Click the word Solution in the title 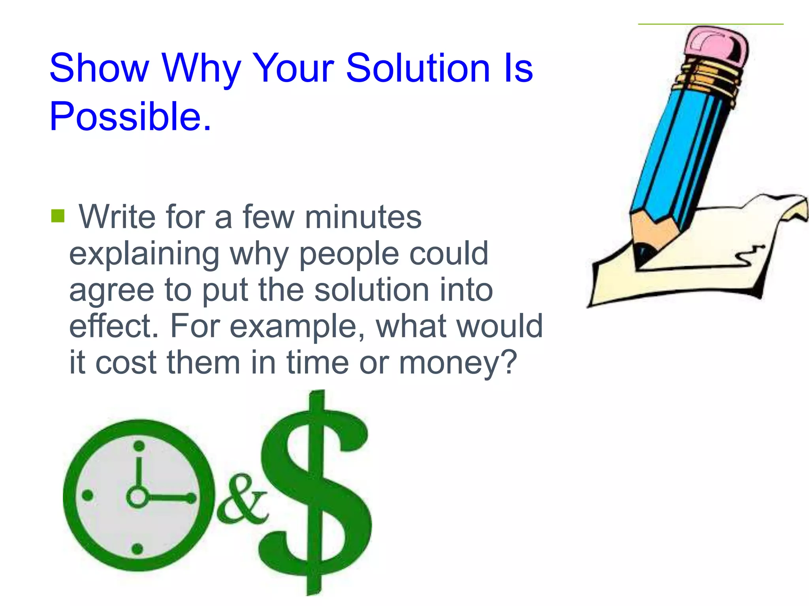tap(418, 69)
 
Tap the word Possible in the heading tap(126, 117)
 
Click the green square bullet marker tap(58, 216)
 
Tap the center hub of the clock tap(137, 497)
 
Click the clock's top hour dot tap(139, 446)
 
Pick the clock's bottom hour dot tap(137, 548)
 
